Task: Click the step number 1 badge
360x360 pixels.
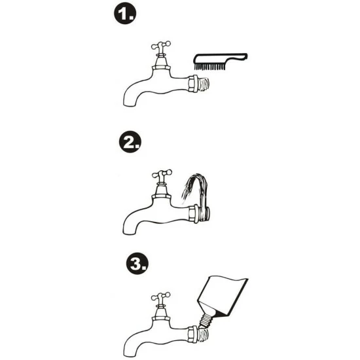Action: tap(125, 13)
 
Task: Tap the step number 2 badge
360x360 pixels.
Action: tap(130, 141)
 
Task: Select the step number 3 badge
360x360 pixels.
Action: tap(137, 263)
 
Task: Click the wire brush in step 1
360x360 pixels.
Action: tap(221, 61)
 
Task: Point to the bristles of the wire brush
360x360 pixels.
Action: tap(209, 66)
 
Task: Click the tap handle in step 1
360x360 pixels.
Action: tap(161, 45)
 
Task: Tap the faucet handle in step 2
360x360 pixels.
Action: tap(162, 174)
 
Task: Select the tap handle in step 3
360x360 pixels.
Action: tap(161, 297)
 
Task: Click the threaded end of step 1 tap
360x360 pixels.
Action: tap(203, 84)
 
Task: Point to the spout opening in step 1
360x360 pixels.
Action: tap(129, 105)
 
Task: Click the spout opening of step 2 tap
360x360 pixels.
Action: tap(128, 233)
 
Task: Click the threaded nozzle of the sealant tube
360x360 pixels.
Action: tap(205, 319)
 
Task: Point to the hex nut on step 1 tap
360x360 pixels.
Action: tap(192, 84)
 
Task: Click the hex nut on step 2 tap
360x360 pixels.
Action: tap(194, 214)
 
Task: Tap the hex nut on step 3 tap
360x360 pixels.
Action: tap(192, 334)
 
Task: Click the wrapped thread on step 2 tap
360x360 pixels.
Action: tap(204, 213)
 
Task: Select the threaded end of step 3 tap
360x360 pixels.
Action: tap(203, 334)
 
